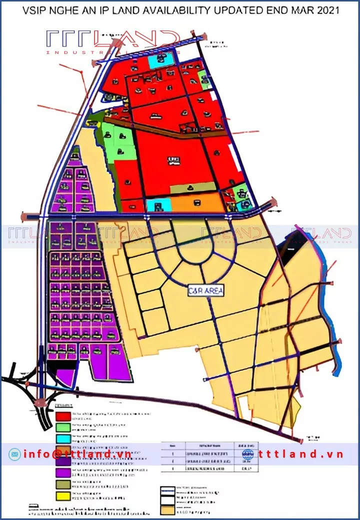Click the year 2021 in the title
(x=326, y=10)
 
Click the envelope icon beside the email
(x=14, y=454)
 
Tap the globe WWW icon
(x=248, y=454)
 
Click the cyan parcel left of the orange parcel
(x=159, y=205)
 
